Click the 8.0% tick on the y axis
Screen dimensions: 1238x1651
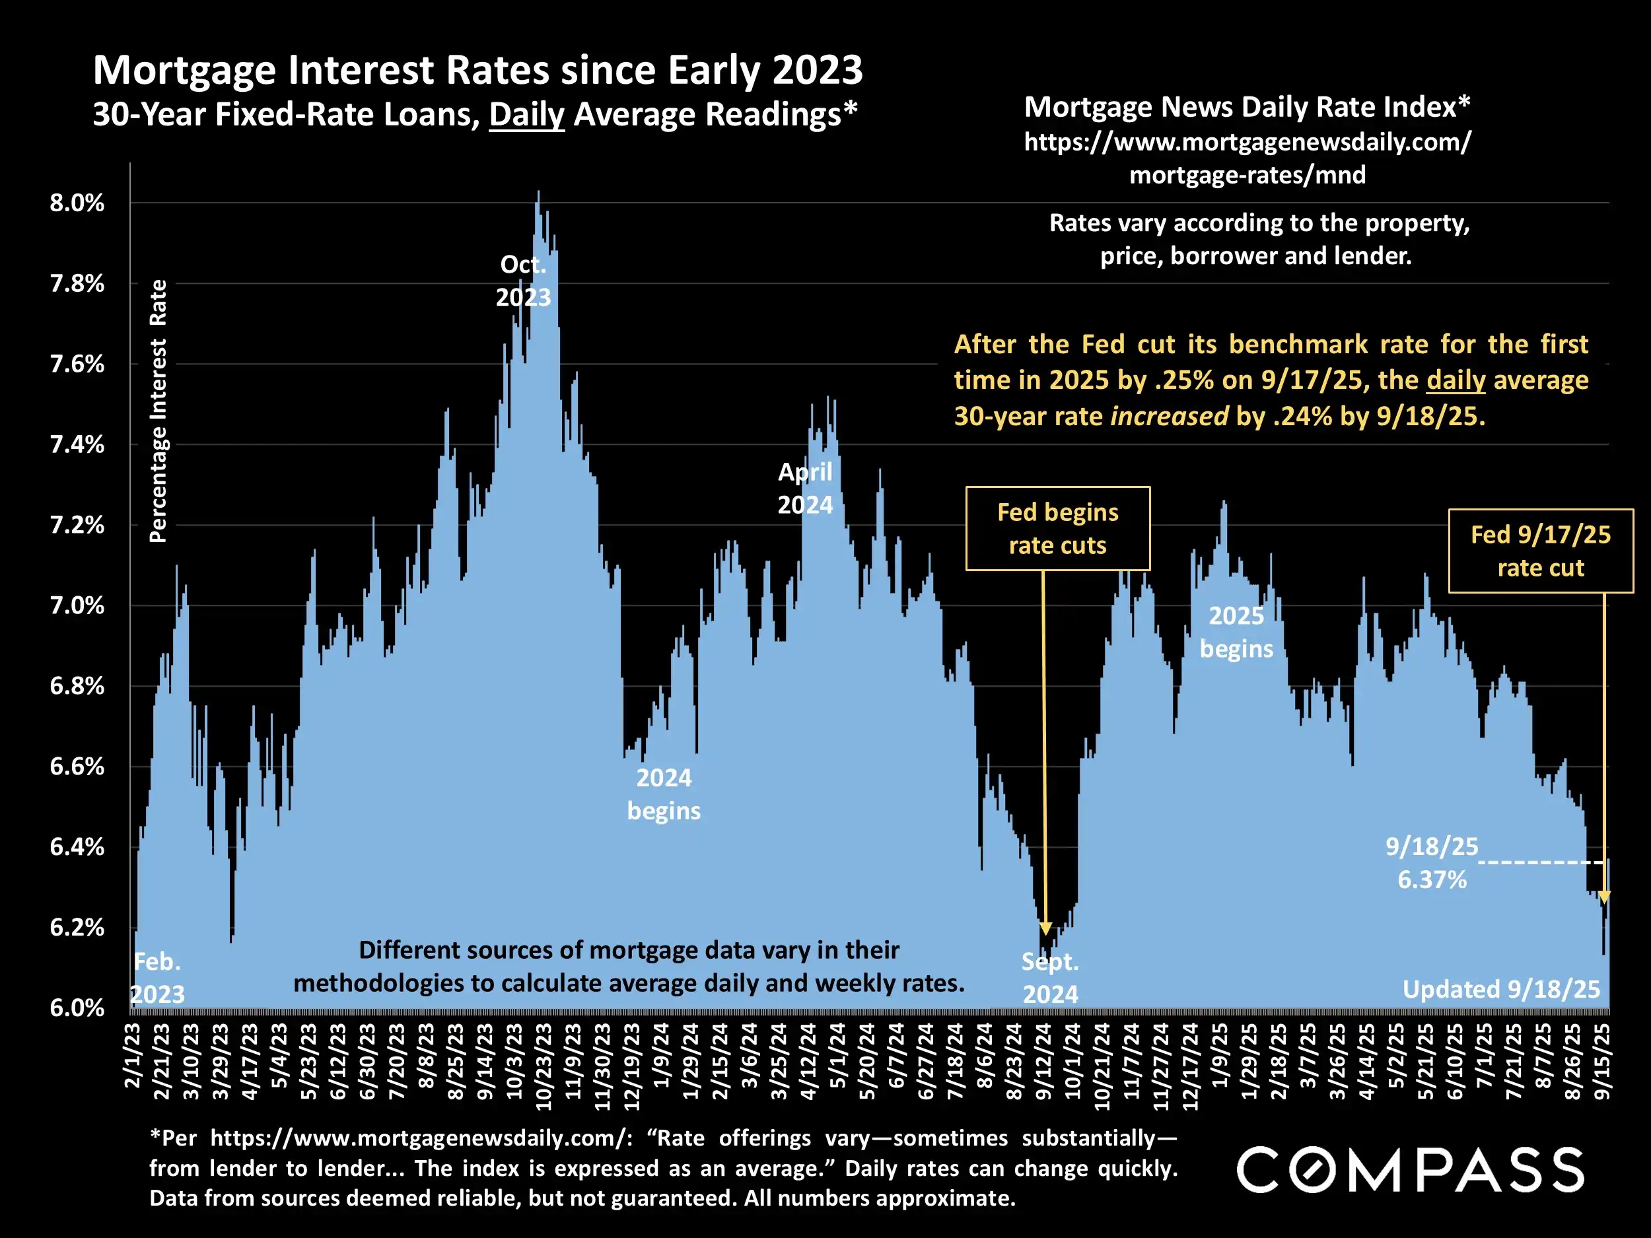[77, 203]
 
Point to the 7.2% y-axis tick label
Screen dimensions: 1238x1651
[77, 526]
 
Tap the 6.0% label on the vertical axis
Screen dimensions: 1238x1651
[77, 1008]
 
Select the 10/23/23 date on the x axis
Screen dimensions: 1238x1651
[544, 1066]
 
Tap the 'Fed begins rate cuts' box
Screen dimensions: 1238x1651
[1057, 529]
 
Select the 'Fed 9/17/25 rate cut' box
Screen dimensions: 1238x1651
[1541, 551]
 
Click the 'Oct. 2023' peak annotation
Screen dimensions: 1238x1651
[523, 281]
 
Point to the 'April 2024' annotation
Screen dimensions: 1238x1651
[804, 488]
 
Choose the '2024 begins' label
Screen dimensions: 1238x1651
[664, 794]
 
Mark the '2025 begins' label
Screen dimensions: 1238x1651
[1236, 632]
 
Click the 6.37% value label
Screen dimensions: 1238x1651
[1432, 880]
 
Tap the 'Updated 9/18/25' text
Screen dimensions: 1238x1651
[1501, 990]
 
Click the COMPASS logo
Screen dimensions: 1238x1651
[1410, 1169]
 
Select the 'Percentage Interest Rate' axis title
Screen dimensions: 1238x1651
[157, 411]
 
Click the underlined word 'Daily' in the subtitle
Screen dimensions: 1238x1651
[526, 115]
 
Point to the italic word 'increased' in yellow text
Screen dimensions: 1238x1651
[1169, 416]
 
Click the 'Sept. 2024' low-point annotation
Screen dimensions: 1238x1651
[1050, 978]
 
